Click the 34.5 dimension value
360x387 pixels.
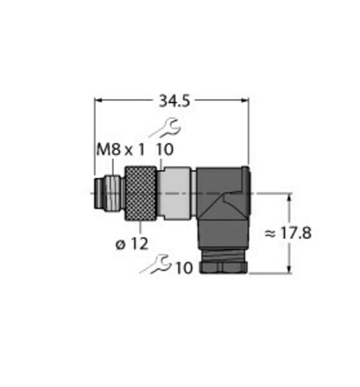click(174, 101)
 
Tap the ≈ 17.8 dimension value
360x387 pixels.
click(288, 233)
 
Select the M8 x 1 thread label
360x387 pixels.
click(120, 150)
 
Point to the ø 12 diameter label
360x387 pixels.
click(132, 244)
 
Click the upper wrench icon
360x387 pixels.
click(165, 128)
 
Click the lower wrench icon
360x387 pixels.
click(156, 264)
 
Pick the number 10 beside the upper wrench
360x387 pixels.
click(165, 150)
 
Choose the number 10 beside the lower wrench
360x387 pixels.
click(184, 268)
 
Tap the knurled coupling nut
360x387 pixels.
click(141, 193)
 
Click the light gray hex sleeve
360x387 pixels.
click(174, 193)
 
